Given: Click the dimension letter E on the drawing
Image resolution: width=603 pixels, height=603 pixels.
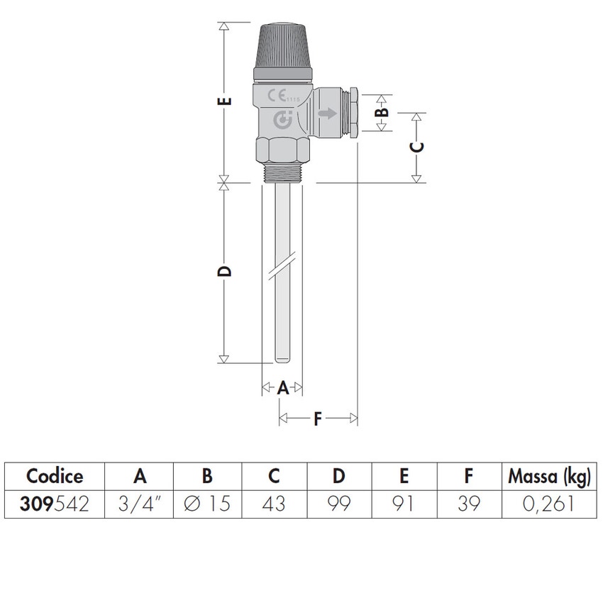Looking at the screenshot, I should click(x=225, y=101).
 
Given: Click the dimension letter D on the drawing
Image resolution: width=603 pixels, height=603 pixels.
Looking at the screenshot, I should click(x=225, y=272).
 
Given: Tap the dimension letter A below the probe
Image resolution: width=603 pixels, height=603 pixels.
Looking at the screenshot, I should click(x=282, y=387).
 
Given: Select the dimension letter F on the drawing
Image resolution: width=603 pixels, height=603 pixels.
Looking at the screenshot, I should click(x=318, y=419).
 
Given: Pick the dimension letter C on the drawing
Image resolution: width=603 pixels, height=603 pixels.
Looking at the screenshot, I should click(x=418, y=147).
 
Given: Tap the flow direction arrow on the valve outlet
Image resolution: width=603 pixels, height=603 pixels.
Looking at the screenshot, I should click(x=328, y=113).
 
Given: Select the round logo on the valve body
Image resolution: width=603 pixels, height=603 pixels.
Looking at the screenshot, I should click(x=283, y=121).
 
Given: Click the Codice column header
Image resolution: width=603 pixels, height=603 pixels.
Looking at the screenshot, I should click(x=55, y=475).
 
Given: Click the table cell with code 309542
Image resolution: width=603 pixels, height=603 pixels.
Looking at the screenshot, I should click(x=55, y=504).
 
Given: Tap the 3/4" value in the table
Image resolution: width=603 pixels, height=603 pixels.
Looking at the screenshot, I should click(x=140, y=504).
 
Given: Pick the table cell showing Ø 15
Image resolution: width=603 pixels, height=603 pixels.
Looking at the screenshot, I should click(x=207, y=504).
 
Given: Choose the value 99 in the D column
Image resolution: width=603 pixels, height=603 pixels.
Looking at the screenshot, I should click(x=340, y=504).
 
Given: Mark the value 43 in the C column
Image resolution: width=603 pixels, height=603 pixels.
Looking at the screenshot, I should click(x=275, y=504).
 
